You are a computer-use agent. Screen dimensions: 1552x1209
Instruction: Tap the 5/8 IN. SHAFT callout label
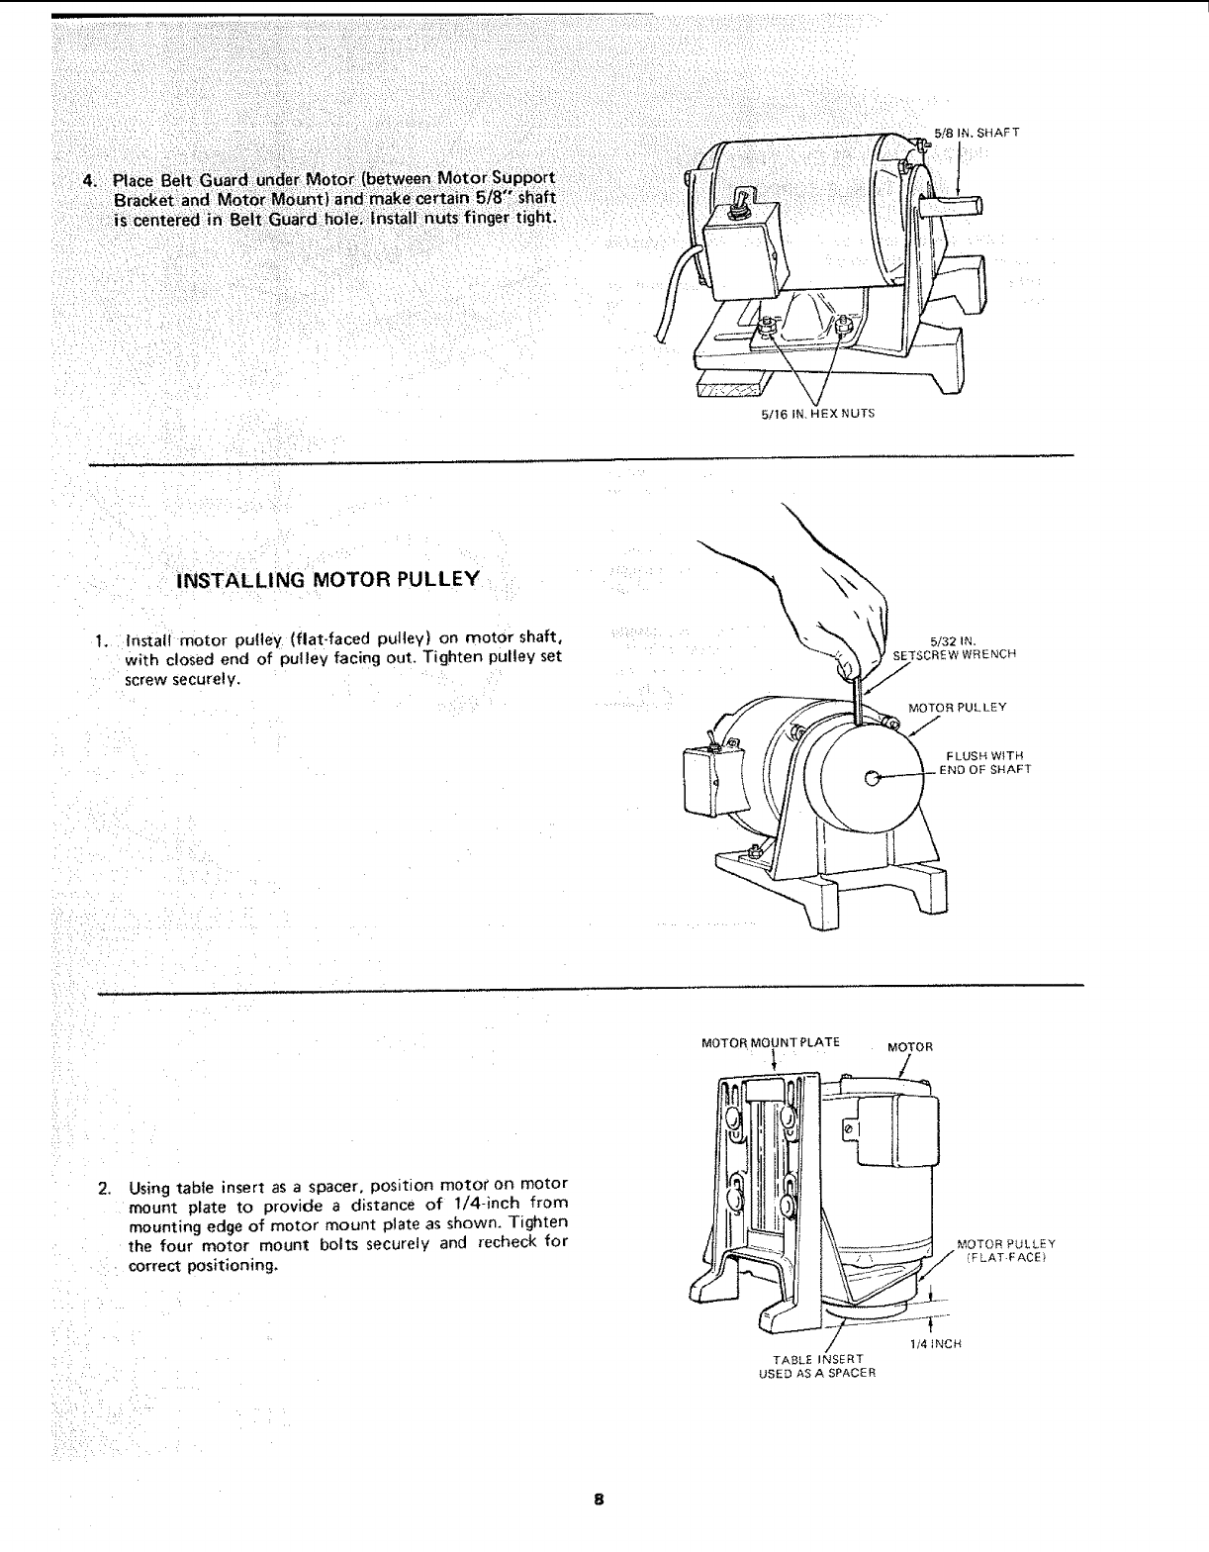pyautogui.click(x=976, y=132)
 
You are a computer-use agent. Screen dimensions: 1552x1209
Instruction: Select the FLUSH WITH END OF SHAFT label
pyautogui.click(x=983, y=763)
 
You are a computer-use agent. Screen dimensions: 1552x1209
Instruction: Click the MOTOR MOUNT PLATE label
pyautogui.click(x=770, y=1042)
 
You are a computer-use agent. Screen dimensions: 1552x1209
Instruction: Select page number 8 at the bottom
pyautogui.click(x=599, y=1499)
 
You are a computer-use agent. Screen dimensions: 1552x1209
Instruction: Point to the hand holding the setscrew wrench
pyautogui.click(x=841, y=614)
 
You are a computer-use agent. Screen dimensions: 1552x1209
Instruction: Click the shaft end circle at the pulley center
pyautogui.click(x=872, y=778)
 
